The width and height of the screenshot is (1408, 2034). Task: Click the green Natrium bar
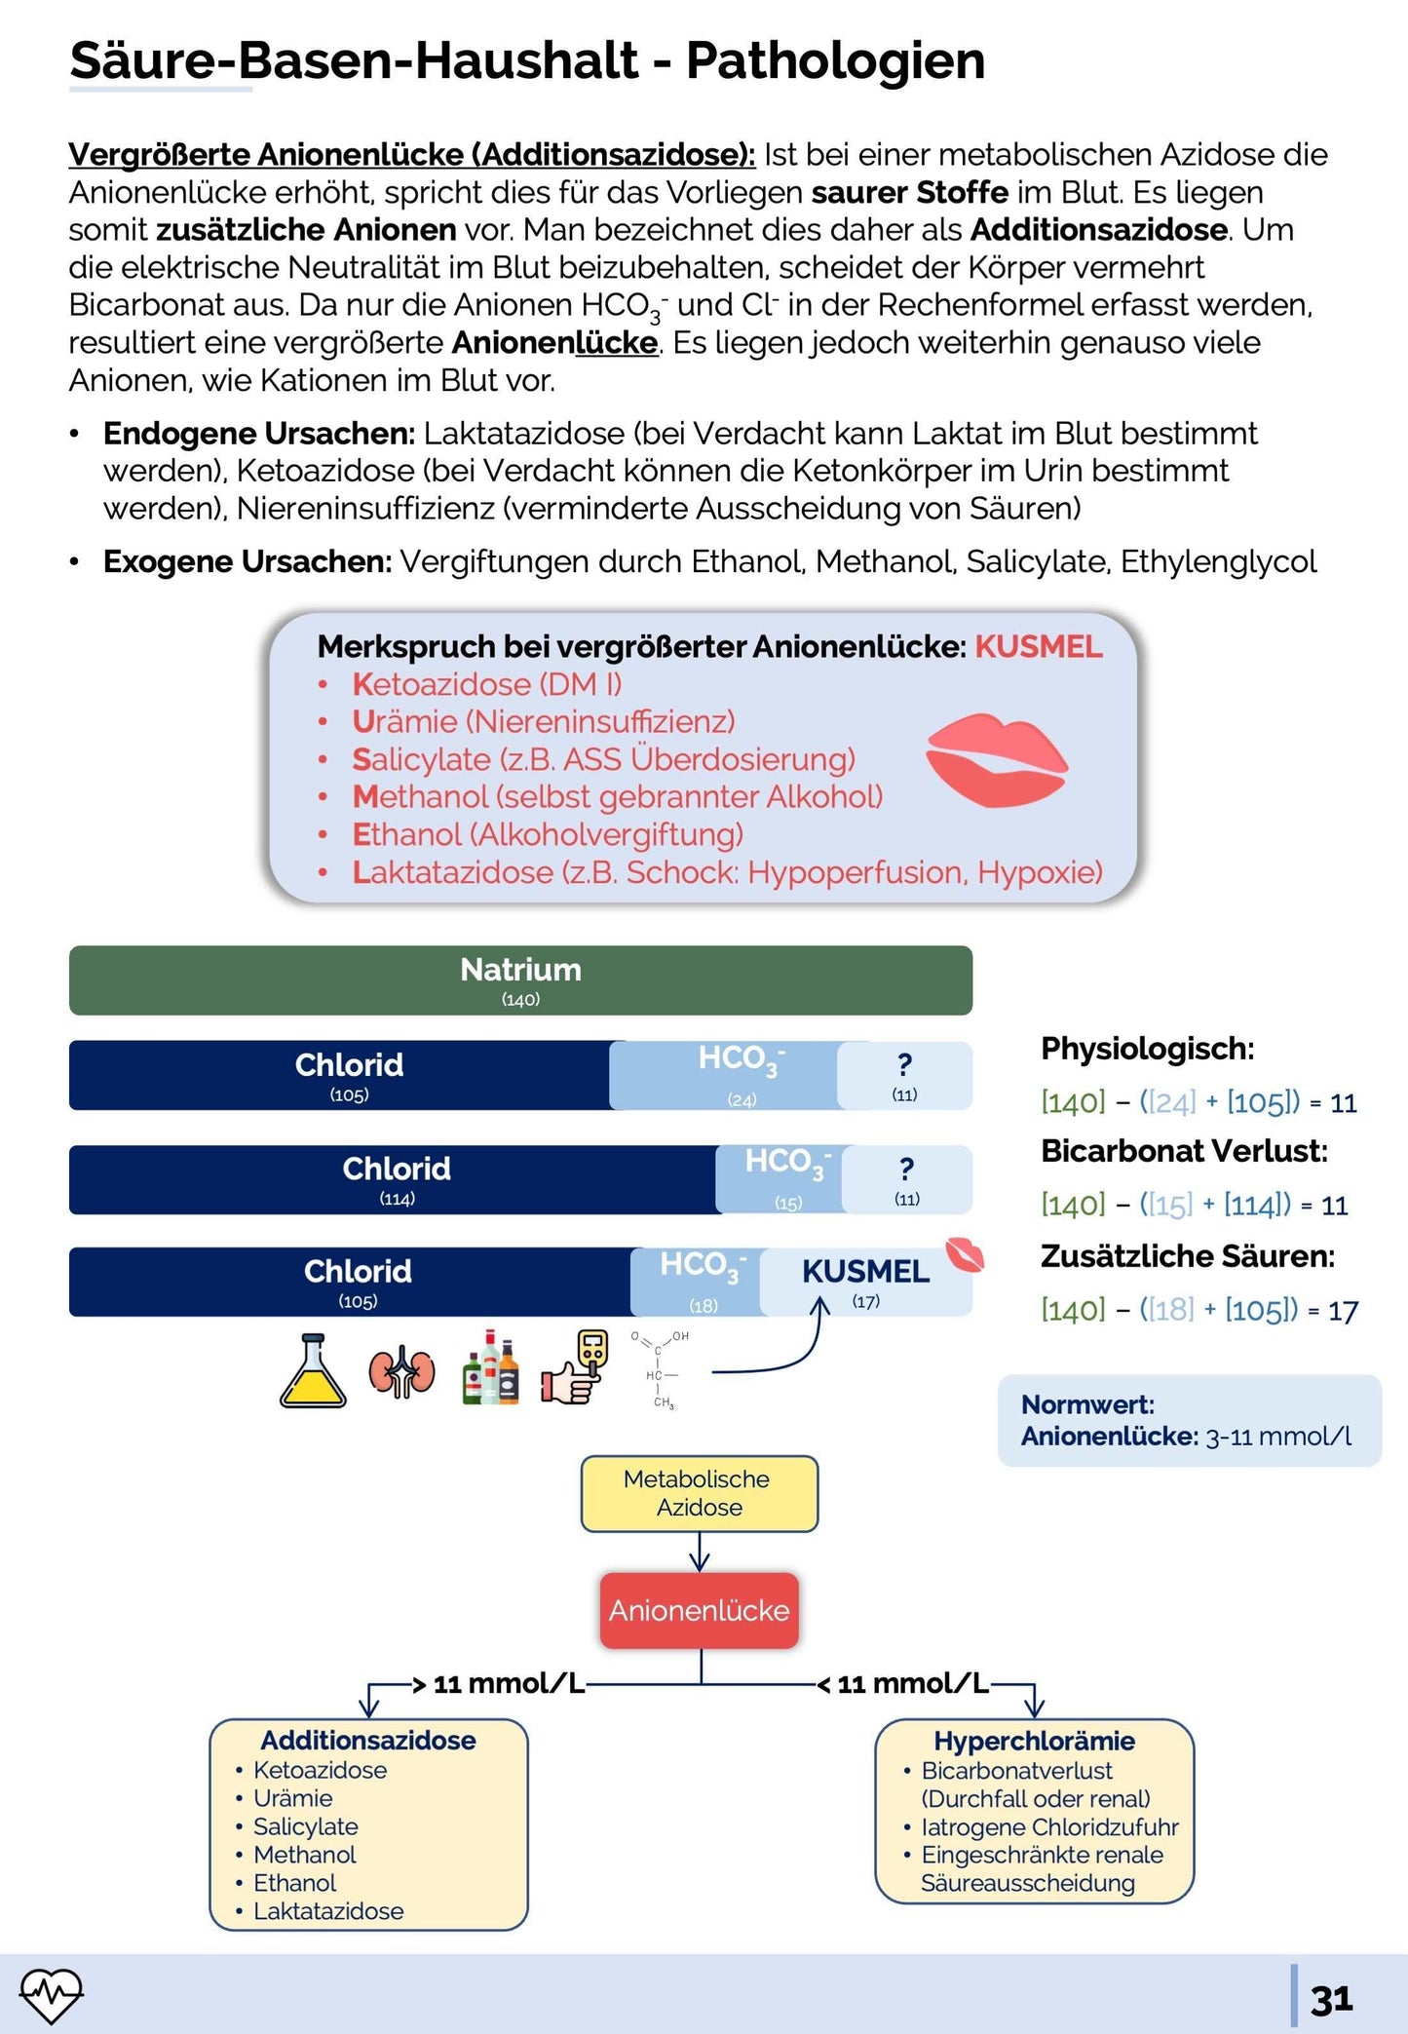(520, 979)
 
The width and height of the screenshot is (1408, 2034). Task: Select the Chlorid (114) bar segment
(396, 1179)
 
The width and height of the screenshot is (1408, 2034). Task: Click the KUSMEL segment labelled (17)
(865, 1281)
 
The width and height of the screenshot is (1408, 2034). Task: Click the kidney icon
(401, 1373)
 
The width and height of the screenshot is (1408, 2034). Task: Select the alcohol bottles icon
(490, 1368)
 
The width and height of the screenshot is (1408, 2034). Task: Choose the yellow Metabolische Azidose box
(699, 1493)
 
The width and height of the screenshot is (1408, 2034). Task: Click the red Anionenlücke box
(699, 1610)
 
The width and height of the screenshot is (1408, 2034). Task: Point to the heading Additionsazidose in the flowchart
(368, 1741)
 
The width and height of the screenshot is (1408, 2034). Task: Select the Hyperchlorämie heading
(1034, 1741)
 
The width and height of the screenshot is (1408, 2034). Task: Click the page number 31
(1331, 2000)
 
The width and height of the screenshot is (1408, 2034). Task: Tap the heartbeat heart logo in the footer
(52, 1994)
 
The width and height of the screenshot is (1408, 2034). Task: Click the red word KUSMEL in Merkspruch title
(1038, 646)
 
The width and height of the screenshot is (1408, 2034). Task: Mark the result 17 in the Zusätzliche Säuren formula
(1343, 1311)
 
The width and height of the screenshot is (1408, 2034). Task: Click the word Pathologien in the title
(835, 60)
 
